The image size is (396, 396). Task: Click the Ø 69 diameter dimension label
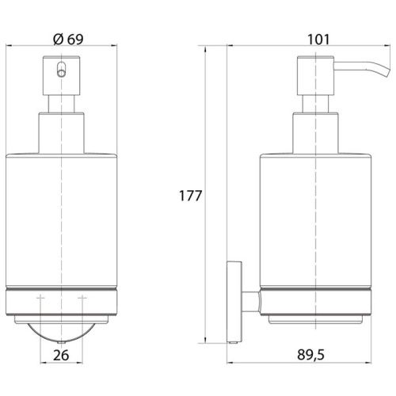(68, 39)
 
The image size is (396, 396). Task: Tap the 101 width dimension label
(318, 40)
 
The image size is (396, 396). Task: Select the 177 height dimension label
(190, 196)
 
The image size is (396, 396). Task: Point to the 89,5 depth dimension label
(310, 355)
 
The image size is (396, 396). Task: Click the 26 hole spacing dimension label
(61, 355)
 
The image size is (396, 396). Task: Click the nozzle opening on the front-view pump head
(61, 70)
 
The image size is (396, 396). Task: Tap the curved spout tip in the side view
(386, 70)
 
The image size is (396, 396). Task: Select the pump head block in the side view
(316, 75)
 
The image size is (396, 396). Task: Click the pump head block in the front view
(61, 75)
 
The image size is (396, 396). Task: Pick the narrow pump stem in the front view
(61, 104)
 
